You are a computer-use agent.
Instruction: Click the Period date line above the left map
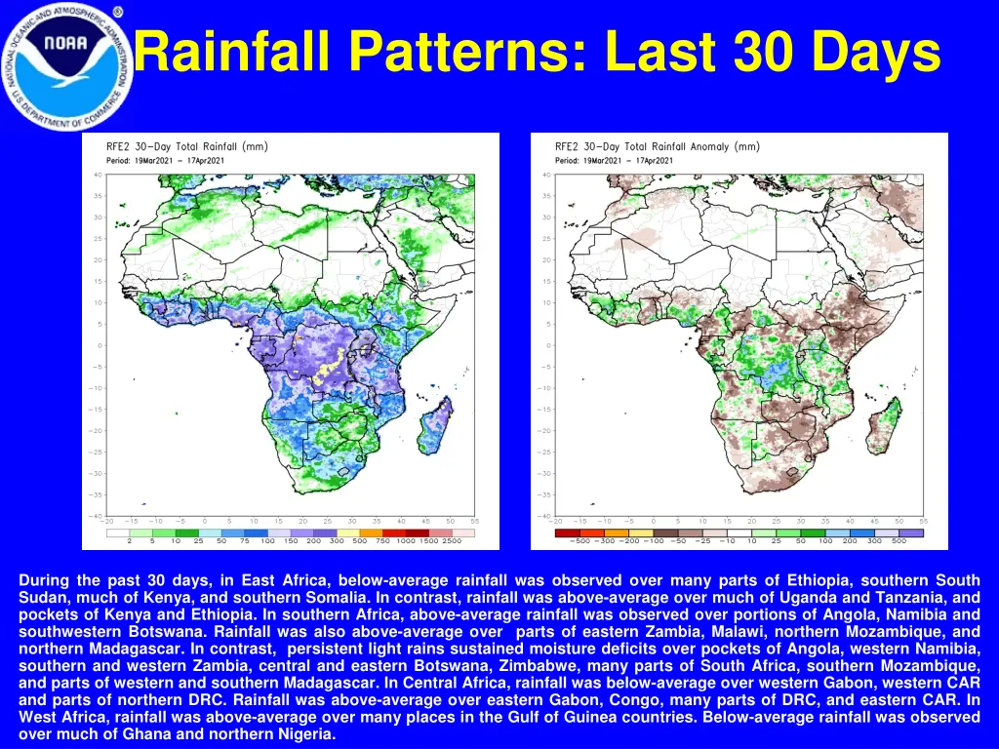[x=165, y=160]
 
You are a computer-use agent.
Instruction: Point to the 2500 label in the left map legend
[x=452, y=539]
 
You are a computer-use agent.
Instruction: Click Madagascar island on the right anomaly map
[x=884, y=429]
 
